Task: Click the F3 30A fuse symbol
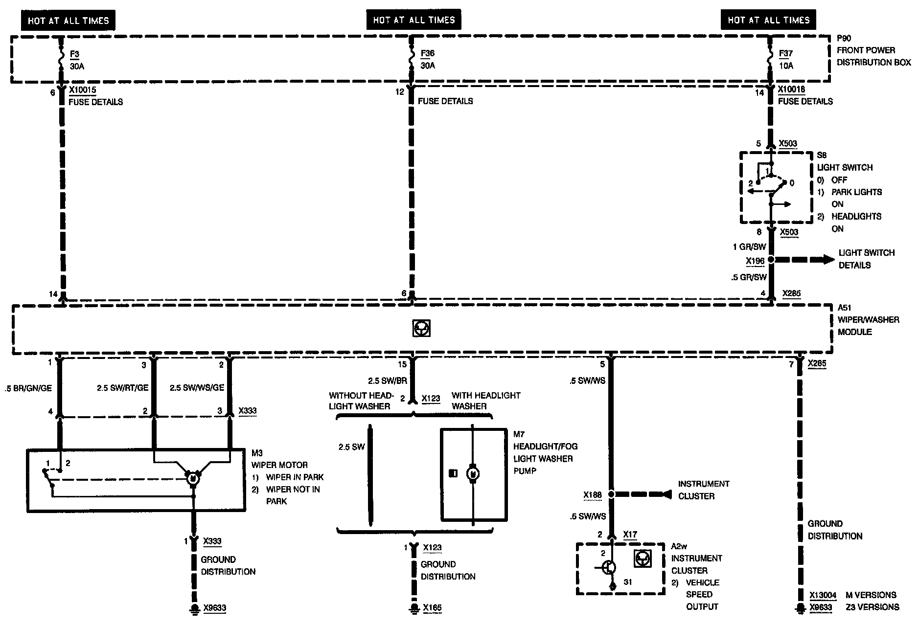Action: tap(61, 59)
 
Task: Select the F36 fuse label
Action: tap(427, 54)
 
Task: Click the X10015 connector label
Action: tap(82, 90)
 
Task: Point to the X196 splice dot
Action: tap(771, 260)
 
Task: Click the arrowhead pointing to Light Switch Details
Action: tap(828, 260)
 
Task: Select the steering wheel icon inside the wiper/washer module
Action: tap(421, 329)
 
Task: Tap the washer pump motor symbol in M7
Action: tap(473, 473)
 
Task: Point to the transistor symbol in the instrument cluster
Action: tap(609, 568)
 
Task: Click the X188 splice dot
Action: tap(612, 494)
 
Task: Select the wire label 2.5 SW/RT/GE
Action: tap(122, 387)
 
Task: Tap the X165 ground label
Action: tap(432, 608)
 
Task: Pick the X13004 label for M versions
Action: tap(823, 595)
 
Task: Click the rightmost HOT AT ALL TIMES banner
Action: tap(768, 20)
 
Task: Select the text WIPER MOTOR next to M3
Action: tap(279, 465)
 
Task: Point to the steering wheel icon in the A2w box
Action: tap(642, 559)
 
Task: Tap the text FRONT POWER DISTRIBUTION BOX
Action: tap(873, 56)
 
